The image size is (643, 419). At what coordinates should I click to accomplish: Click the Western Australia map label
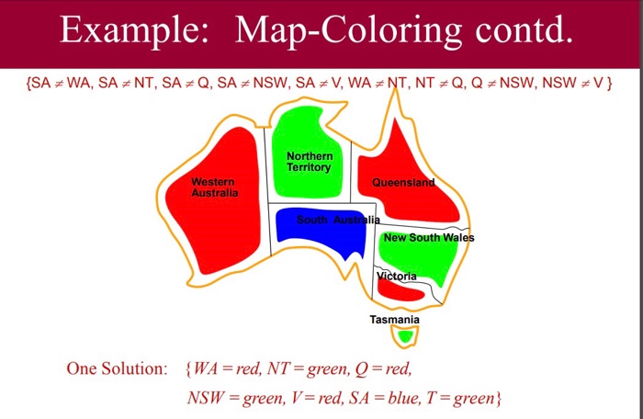pos(214,187)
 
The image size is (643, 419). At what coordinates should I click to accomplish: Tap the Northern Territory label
pos(310,162)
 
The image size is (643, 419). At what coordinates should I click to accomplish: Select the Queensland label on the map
pos(403,183)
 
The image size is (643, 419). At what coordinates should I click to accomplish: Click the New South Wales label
pos(429,238)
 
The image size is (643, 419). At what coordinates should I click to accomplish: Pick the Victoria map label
pos(397,276)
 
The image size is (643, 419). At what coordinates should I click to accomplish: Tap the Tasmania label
pos(394,320)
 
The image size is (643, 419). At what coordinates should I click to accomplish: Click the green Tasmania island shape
pos(405,336)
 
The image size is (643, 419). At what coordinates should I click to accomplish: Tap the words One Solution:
pos(117,369)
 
